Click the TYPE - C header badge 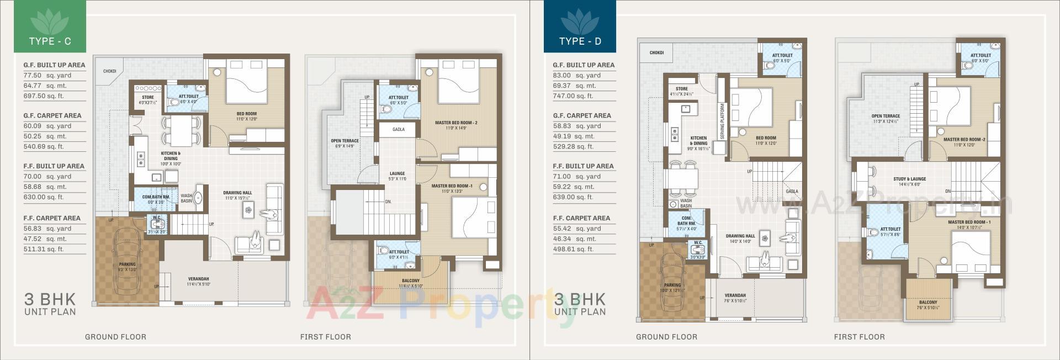coord(50,28)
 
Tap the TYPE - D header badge coord(580,28)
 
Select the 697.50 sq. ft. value coord(44,96)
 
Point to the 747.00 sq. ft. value coord(573,96)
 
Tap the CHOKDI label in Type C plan coord(109,71)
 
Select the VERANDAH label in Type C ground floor coord(198,279)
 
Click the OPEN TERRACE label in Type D coord(886,117)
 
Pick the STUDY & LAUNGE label coord(909,179)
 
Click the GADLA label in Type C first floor coord(398,130)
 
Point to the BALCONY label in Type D coord(928,303)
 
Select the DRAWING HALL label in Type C coord(237,193)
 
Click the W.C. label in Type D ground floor coord(698,243)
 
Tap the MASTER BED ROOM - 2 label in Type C coord(455,123)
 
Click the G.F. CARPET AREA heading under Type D coord(581,116)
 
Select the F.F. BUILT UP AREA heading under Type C coord(54,166)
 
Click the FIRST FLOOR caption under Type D coord(859,337)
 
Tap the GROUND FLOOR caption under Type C coord(115,337)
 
